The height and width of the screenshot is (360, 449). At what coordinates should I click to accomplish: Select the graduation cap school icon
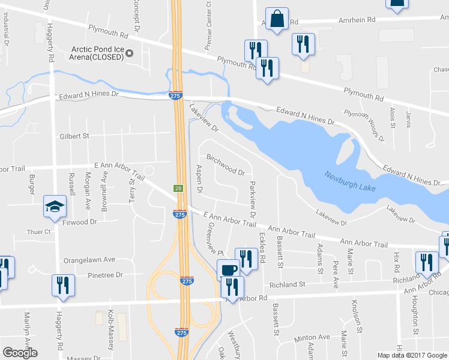tap(55, 207)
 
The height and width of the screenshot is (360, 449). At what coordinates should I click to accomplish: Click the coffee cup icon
tap(228, 269)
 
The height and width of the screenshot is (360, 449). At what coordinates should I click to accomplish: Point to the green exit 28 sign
tap(179, 188)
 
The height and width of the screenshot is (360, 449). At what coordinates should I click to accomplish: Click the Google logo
tap(20, 353)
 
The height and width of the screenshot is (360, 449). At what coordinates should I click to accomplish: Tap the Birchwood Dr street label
tap(225, 164)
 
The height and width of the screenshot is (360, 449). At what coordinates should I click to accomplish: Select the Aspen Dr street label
tap(199, 178)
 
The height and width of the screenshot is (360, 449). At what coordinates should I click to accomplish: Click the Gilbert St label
tap(74, 136)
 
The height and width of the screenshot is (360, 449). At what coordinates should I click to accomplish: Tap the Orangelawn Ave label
tap(89, 260)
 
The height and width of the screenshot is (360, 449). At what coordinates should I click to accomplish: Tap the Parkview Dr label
tap(252, 199)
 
